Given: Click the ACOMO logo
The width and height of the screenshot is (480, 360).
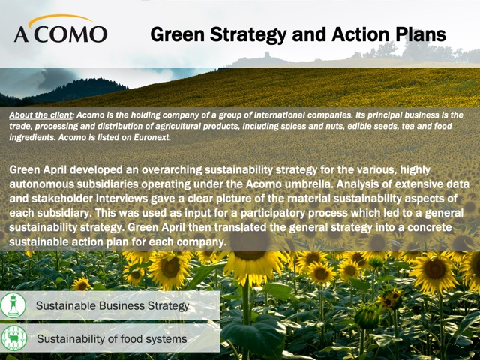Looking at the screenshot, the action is [61, 28].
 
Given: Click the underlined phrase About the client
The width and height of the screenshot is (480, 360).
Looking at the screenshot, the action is [41, 115].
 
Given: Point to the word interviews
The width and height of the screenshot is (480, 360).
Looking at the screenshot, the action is [121, 199].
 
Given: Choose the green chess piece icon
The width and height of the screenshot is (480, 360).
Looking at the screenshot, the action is [13, 305].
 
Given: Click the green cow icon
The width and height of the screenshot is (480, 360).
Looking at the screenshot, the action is [13, 338].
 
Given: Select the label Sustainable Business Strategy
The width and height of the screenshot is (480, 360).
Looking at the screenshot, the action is [112, 306].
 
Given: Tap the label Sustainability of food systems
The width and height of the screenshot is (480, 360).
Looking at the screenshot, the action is [112, 339].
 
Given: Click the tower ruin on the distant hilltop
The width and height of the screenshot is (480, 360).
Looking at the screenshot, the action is [267, 55].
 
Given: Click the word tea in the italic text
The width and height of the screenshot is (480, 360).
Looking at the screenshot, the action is [407, 127].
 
